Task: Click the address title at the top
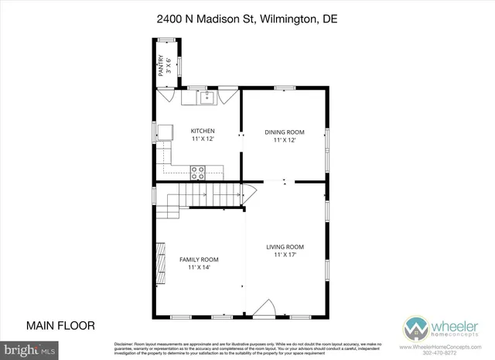pos(247,18)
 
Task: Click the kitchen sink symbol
pos(207,97)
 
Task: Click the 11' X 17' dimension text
pos(285,255)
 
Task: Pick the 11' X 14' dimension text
pos(199,267)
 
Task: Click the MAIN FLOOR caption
pos(60,325)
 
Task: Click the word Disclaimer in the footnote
pos(125,343)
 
